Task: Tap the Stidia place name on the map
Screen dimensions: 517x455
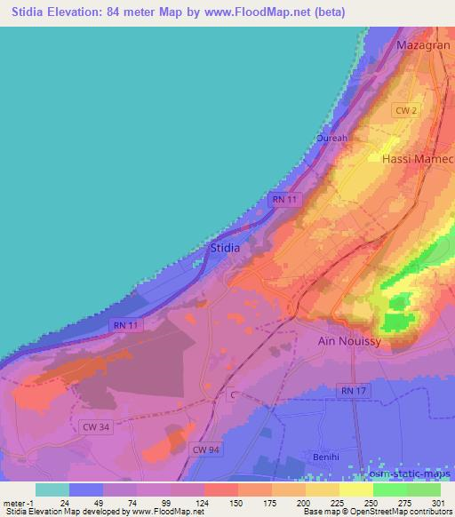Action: click(223, 249)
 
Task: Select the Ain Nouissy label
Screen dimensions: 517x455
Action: click(349, 340)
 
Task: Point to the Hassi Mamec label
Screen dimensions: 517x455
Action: click(418, 159)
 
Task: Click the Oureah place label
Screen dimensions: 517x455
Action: click(332, 139)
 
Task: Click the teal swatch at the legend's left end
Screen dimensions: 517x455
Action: click(52, 489)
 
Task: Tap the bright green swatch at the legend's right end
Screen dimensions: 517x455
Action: click(423, 489)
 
